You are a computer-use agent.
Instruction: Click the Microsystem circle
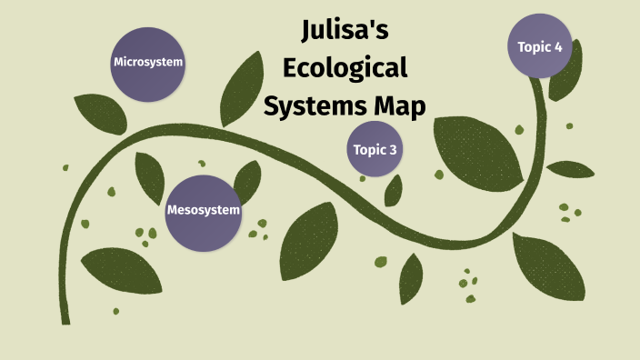[148, 63]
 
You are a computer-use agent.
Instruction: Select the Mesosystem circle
[204, 212]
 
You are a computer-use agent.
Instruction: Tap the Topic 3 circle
[375, 149]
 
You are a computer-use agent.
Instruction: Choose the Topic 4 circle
[540, 46]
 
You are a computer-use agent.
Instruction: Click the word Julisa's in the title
[345, 34]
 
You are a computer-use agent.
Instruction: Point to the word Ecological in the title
[345, 69]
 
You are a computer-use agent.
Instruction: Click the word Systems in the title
[307, 106]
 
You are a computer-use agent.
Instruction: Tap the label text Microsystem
[148, 63]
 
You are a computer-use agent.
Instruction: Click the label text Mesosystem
[204, 211]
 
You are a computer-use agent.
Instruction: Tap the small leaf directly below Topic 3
[394, 190]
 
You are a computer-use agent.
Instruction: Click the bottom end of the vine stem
[66, 318]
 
